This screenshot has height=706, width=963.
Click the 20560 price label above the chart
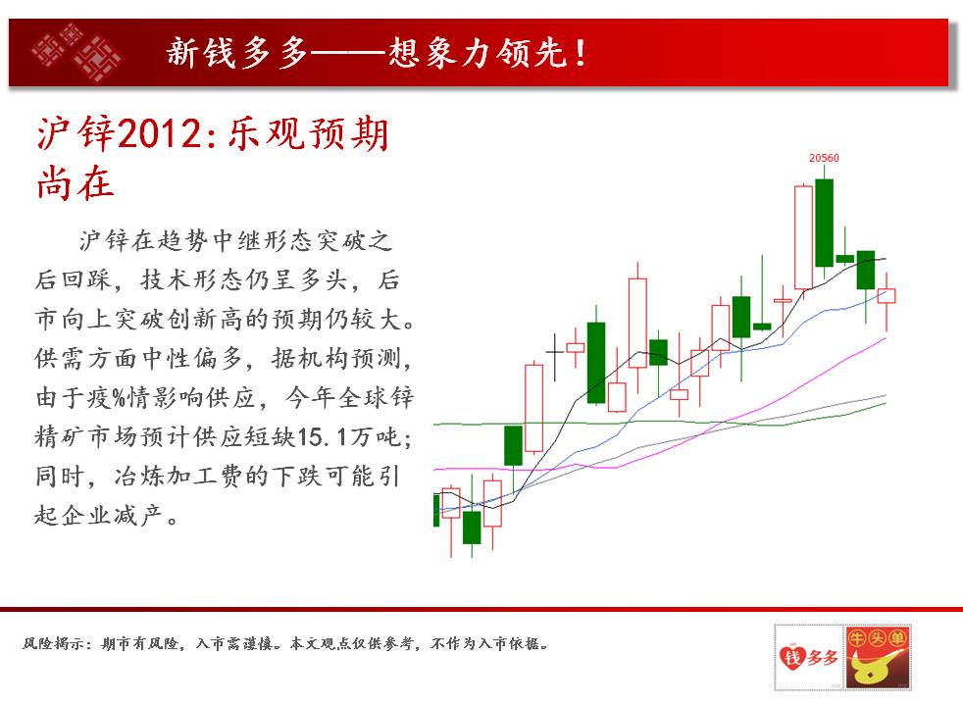pyautogui.click(x=824, y=158)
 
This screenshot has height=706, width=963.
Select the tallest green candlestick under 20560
pyautogui.click(x=824, y=223)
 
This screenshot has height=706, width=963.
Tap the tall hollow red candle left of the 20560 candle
pyautogui.click(x=803, y=237)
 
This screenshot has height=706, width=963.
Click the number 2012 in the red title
pyautogui.click(x=159, y=133)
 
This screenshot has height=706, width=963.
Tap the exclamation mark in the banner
pyautogui.click(x=581, y=53)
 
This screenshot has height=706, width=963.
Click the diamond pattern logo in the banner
pyautogui.click(x=76, y=52)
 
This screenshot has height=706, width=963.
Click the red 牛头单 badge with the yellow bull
pyautogui.click(x=877, y=656)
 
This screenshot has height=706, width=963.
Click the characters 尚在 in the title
pyautogui.click(x=76, y=183)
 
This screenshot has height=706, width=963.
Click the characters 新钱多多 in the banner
pyautogui.click(x=237, y=53)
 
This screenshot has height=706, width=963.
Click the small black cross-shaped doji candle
pyautogui.click(x=555, y=356)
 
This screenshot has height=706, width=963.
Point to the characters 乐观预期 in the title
pyautogui.click(x=308, y=133)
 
